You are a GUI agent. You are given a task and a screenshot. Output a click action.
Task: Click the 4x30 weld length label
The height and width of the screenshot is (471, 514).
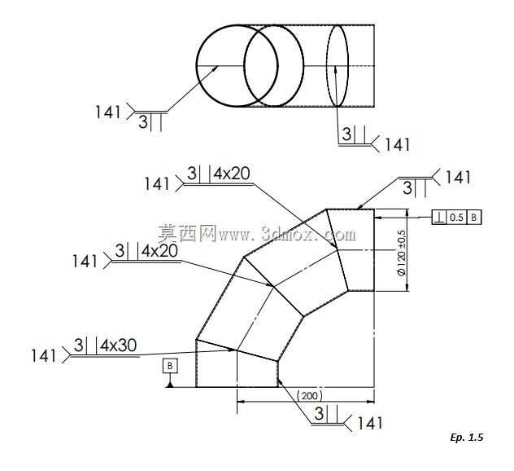[119, 346]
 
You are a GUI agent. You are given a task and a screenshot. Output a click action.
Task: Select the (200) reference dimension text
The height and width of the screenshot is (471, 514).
[309, 395]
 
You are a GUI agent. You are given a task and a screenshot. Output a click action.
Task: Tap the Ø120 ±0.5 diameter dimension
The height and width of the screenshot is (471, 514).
[402, 253]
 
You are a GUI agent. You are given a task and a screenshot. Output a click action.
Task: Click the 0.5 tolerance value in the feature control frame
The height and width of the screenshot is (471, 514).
[456, 218]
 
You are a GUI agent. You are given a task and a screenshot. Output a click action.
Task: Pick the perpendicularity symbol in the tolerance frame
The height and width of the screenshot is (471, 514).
[439, 218]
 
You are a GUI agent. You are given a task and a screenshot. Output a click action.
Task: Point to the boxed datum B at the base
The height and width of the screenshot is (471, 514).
[170, 366]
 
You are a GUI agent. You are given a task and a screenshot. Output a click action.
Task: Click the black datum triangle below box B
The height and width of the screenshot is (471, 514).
[170, 385]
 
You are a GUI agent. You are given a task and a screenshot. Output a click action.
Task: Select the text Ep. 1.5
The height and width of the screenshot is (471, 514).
[467, 438]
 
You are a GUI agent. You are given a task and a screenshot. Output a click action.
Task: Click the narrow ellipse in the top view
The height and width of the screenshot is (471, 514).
[337, 66]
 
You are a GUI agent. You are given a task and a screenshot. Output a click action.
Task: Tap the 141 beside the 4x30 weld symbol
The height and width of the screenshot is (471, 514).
[43, 356]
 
